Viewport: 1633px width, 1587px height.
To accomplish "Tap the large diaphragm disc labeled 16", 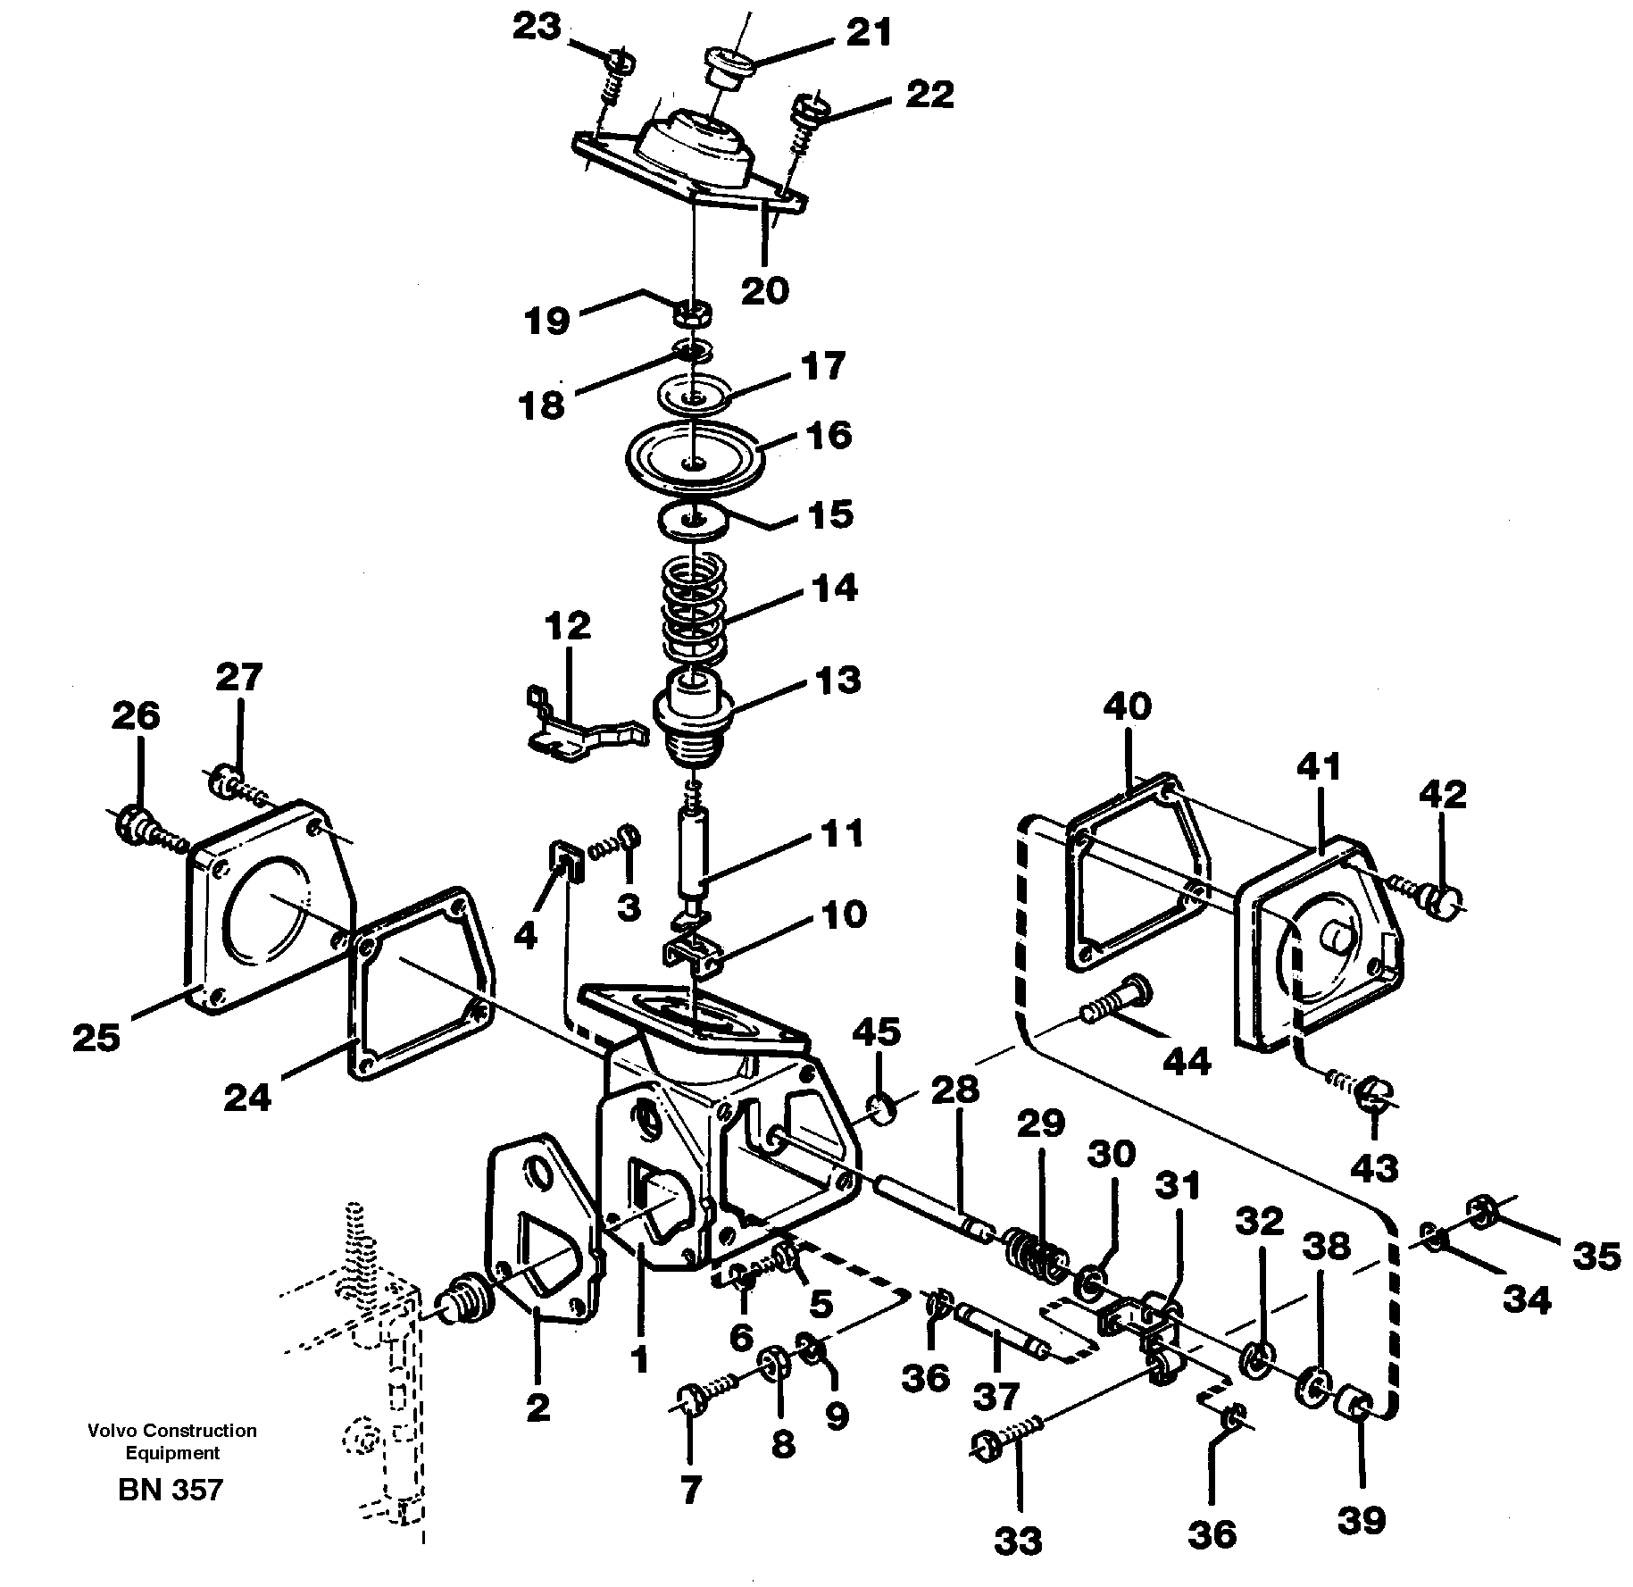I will click(696, 456).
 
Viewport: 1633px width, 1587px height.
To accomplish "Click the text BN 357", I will click(170, 1490).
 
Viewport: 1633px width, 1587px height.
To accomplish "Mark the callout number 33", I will click(1017, 1541).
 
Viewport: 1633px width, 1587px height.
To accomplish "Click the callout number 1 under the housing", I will click(639, 1385).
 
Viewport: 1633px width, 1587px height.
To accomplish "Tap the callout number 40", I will click(1127, 706).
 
